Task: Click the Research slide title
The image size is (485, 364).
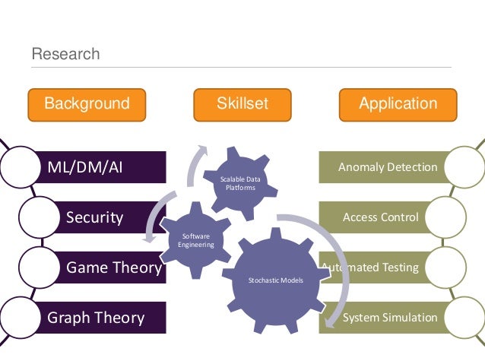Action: pyautogui.click(x=65, y=54)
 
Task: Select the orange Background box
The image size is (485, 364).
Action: pyautogui.click(x=87, y=104)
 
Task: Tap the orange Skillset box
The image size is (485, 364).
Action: pyautogui.click(x=242, y=104)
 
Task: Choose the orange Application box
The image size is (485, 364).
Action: pyautogui.click(x=398, y=104)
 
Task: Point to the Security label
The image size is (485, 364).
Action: pyautogui.click(x=94, y=217)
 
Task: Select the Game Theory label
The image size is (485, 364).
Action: pyautogui.click(x=113, y=267)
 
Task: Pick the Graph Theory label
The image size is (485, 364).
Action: pyautogui.click(x=96, y=317)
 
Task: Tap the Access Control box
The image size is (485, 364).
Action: pyautogui.click(x=381, y=217)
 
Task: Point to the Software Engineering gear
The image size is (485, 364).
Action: pyautogui.click(x=196, y=240)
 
